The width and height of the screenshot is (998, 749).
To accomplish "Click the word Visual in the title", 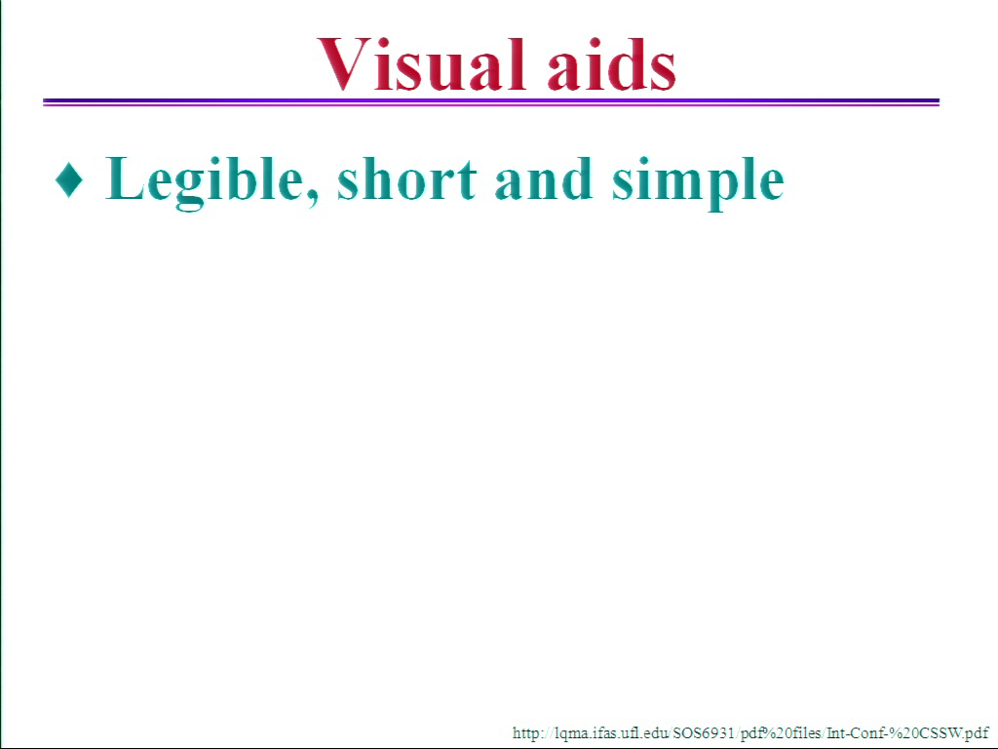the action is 421,64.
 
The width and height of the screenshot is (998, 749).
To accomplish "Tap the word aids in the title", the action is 612,64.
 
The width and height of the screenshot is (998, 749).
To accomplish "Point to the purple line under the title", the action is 491,101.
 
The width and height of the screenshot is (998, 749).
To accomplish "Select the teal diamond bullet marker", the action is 69,179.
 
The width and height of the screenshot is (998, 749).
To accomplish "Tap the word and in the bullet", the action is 543,178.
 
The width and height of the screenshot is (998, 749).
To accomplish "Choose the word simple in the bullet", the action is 698,182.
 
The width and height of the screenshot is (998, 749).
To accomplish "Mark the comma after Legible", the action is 312,199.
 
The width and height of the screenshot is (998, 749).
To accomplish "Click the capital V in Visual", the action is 344,64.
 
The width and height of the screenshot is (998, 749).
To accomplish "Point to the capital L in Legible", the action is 125,178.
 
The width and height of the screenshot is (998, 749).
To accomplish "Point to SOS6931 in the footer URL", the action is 704,733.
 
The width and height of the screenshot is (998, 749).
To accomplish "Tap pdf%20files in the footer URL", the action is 781,733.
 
